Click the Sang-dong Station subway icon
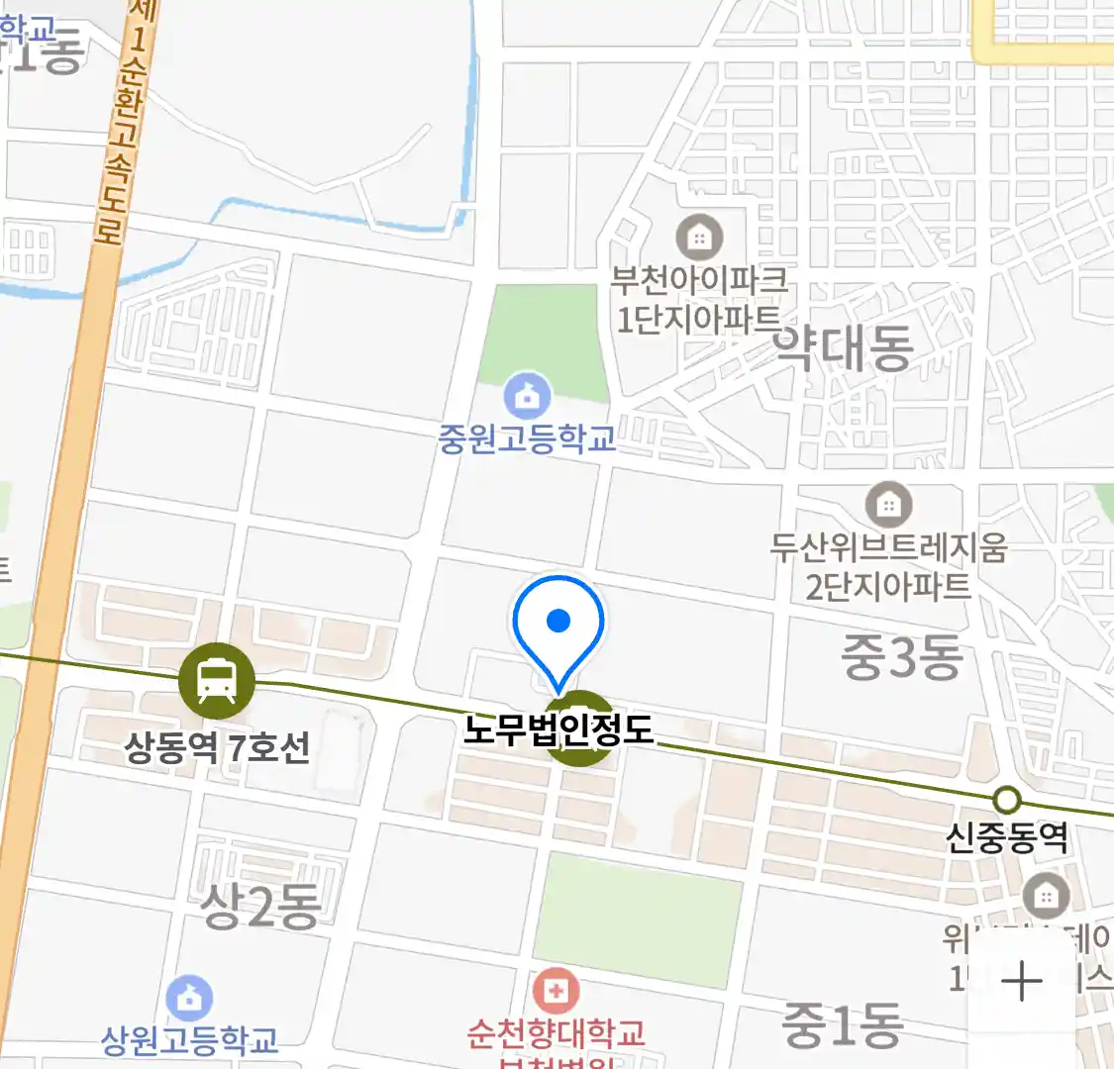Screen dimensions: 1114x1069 tap(216, 681)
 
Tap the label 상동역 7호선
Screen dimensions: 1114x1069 tap(217, 747)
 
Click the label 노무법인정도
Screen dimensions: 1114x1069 tap(558, 729)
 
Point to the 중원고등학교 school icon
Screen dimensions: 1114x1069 tap(528, 396)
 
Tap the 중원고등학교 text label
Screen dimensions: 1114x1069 tap(528, 437)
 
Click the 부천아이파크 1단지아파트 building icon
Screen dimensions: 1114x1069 tap(699, 238)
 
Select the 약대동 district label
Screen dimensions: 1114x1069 tap(842, 348)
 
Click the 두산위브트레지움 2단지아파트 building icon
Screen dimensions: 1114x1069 tap(888, 506)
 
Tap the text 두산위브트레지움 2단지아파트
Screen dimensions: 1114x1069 tap(888, 566)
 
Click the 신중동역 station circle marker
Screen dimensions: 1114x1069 tap(1007, 799)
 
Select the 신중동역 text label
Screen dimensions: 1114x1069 tap(1007, 838)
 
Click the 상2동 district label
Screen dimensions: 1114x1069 tap(260, 905)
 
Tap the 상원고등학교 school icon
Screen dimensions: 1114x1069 tap(189, 998)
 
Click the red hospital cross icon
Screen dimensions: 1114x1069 tap(556, 990)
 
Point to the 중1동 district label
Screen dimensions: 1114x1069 tap(842, 1024)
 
